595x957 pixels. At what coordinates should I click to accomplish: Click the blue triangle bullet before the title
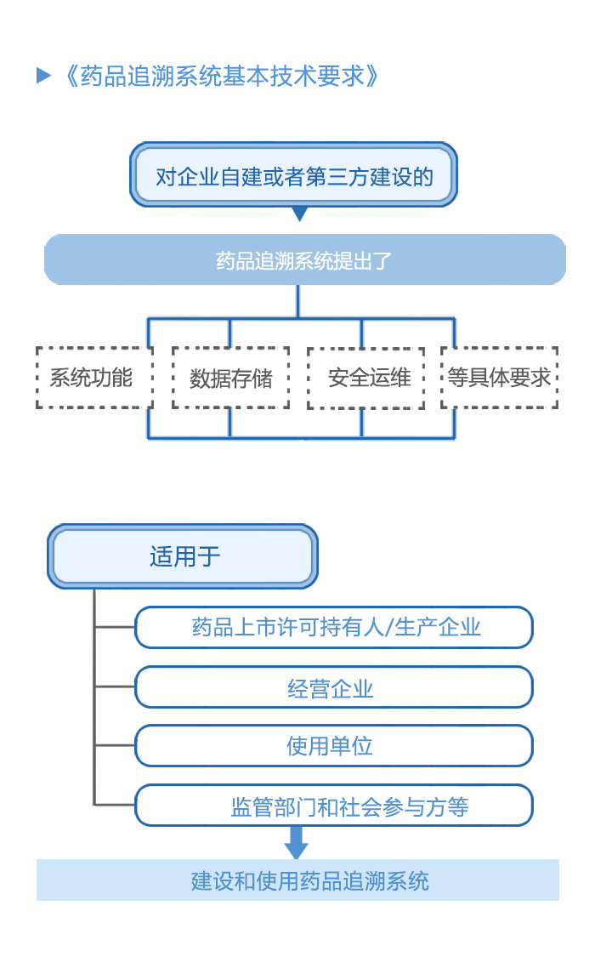click(x=44, y=76)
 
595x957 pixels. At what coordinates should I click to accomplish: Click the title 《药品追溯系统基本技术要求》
click(x=220, y=76)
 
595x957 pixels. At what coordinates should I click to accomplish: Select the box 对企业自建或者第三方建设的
click(x=293, y=175)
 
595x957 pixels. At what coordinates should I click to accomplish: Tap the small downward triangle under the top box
click(x=299, y=214)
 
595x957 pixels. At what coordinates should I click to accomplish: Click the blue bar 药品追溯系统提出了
click(x=304, y=260)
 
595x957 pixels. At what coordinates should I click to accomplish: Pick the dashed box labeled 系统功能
click(x=93, y=378)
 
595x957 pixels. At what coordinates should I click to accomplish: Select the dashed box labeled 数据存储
click(x=230, y=378)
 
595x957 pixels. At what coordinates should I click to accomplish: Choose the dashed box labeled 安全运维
click(x=365, y=378)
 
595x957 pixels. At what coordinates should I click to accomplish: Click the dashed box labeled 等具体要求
click(x=500, y=378)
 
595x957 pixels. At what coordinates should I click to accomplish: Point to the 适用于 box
click(x=183, y=556)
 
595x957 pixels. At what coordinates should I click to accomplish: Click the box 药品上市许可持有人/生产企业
click(x=334, y=628)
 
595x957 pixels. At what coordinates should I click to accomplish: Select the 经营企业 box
click(x=334, y=687)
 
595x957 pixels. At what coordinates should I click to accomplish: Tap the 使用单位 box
click(x=334, y=746)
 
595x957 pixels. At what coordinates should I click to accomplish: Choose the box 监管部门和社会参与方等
click(x=334, y=806)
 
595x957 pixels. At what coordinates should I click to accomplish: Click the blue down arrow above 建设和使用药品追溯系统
click(x=296, y=842)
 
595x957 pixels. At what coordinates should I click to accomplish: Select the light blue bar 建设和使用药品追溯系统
click(x=297, y=880)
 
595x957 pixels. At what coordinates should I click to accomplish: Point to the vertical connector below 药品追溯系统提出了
click(x=297, y=301)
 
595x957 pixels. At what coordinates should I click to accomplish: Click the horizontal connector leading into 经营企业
click(x=115, y=686)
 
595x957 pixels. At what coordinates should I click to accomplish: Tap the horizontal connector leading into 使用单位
click(x=115, y=745)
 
